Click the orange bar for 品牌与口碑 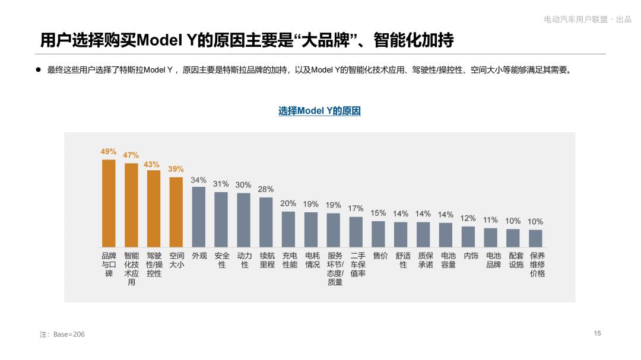pyautogui.click(x=109, y=203)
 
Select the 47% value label pyautogui.click(x=131, y=155)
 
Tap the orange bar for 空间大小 pyautogui.click(x=176, y=212)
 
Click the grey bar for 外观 pyautogui.click(x=199, y=216)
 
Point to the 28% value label pyautogui.click(x=266, y=189)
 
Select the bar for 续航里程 pyautogui.click(x=266, y=222)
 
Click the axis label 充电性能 pyautogui.click(x=289, y=260)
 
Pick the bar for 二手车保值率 pyautogui.click(x=356, y=232)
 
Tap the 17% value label pyautogui.click(x=356, y=208)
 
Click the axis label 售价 pyautogui.click(x=380, y=256)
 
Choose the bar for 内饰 pyautogui.click(x=468, y=237)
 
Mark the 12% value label pyautogui.click(x=468, y=218)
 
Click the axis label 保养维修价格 pyautogui.click(x=537, y=265)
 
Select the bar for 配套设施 pyautogui.click(x=513, y=238)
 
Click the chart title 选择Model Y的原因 pyautogui.click(x=319, y=111)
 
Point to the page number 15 pyautogui.click(x=597, y=333)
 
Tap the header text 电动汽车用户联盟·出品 pyautogui.click(x=588, y=20)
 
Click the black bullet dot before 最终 pyautogui.click(x=37, y=70)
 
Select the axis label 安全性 pyautogui.click(x=221, y=260)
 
